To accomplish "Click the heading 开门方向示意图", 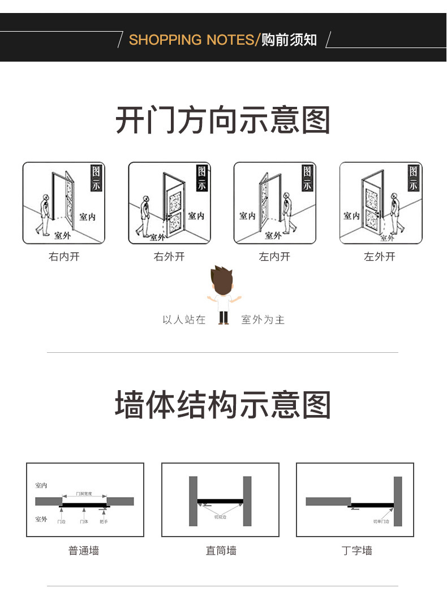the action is [223, 120].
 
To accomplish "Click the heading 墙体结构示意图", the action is [223, 405].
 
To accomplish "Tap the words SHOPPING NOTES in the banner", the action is [192, 40].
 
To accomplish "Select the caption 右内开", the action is [64, 257].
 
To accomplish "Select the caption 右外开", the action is [169, 257].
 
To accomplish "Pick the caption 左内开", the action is [274, 257].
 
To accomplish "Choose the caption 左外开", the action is [380, 257].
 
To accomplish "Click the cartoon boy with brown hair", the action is [223, 295].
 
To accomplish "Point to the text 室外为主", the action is [263, 320].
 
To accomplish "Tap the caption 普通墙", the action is [84, 550].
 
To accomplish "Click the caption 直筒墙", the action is [221, 550].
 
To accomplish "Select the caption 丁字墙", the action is [357, 550].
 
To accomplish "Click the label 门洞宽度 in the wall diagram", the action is [84, 494].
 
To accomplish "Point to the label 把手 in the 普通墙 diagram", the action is [104, 521].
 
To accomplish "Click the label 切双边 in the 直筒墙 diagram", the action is [220, 517].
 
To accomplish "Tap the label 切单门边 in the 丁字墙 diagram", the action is [381, 521].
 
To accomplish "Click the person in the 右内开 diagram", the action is [44, 215].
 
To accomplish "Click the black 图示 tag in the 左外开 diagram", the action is [414, 178].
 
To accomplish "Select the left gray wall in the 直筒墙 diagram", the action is [193, 501].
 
